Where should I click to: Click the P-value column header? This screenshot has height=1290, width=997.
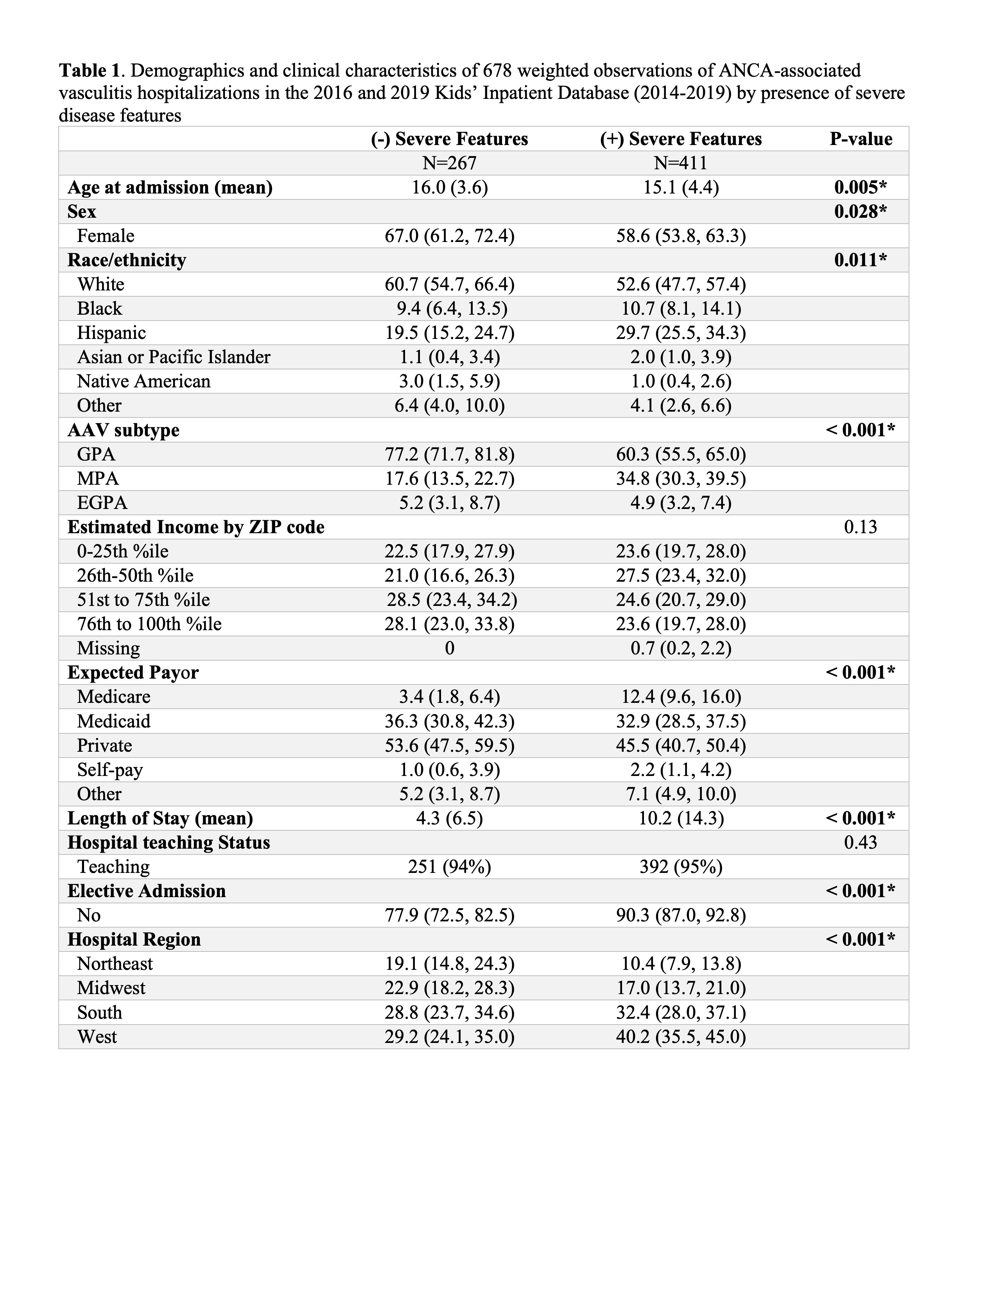tap(861, 139)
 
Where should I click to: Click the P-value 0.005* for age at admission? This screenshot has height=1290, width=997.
tap(861, 187)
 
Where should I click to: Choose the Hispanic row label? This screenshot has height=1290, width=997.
tap(111, 333)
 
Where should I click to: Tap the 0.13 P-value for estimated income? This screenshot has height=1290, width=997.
tap(861, 527)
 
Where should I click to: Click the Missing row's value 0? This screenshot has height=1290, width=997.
tap(450, 648)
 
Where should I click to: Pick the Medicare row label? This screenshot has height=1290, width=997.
tap(113, 697)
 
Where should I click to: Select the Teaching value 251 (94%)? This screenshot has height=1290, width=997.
tap(450, 867)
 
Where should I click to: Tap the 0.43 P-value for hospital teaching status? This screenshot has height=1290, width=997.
tap(861, 842)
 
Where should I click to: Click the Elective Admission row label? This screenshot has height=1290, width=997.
tap(147, 891)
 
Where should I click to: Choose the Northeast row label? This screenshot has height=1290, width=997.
tap(115, 964)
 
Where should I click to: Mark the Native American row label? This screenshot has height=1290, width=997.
tap(143, 382)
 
